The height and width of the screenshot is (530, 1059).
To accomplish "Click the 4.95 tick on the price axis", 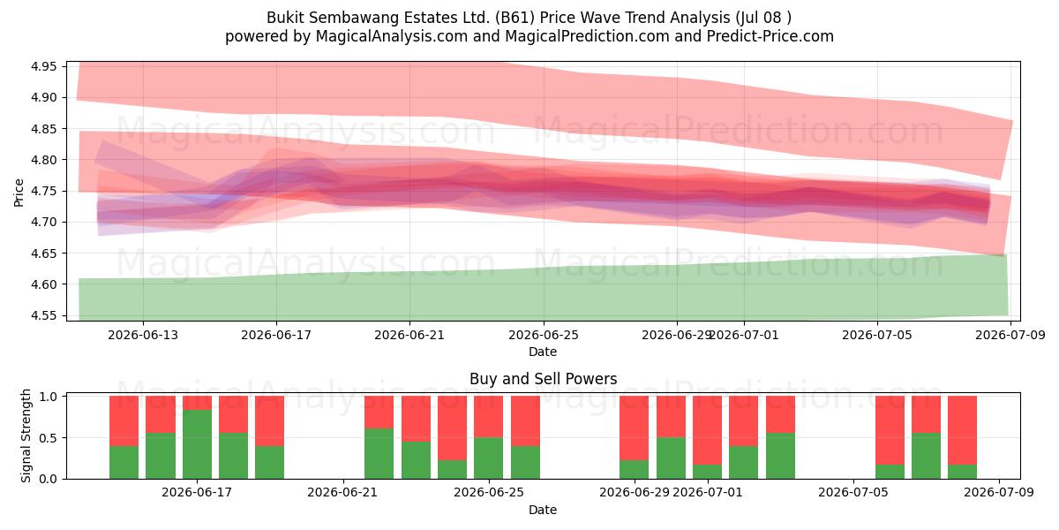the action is tap(43, 66).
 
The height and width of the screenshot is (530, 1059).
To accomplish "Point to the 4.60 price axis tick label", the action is tap(43, 284).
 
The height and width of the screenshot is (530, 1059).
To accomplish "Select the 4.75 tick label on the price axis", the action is tap(43, 191).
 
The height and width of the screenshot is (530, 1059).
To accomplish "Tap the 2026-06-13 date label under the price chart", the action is tap(143, 336).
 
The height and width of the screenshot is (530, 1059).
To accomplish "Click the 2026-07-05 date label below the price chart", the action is tap(877, 336).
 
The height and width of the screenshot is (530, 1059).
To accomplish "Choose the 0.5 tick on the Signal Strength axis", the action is tap(48, 438).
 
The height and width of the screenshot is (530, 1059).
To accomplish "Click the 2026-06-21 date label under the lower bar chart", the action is tap(342, 493).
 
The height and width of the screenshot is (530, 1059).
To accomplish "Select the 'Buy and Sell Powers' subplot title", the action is tap(544, 379).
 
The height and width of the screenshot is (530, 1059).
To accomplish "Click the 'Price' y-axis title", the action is tap(19, 193).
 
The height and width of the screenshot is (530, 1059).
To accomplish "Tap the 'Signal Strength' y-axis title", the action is tap(26, 435).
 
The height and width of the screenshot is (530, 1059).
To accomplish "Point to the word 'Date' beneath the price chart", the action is tap(543, 352).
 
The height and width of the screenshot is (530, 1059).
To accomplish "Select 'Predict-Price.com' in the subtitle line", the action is tap(770, 36).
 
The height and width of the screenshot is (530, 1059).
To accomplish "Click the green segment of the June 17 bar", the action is tap(197, 444).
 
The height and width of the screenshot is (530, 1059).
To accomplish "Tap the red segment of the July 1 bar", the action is tap(707, 430).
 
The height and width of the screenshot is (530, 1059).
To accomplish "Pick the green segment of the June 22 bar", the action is tap(379, 454).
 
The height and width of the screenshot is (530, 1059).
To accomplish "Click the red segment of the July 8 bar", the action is tap(962, 430).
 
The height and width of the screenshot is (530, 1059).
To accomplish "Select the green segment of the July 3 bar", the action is tap(780, 456).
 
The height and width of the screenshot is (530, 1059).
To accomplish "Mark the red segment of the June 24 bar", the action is tap(452, 428).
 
